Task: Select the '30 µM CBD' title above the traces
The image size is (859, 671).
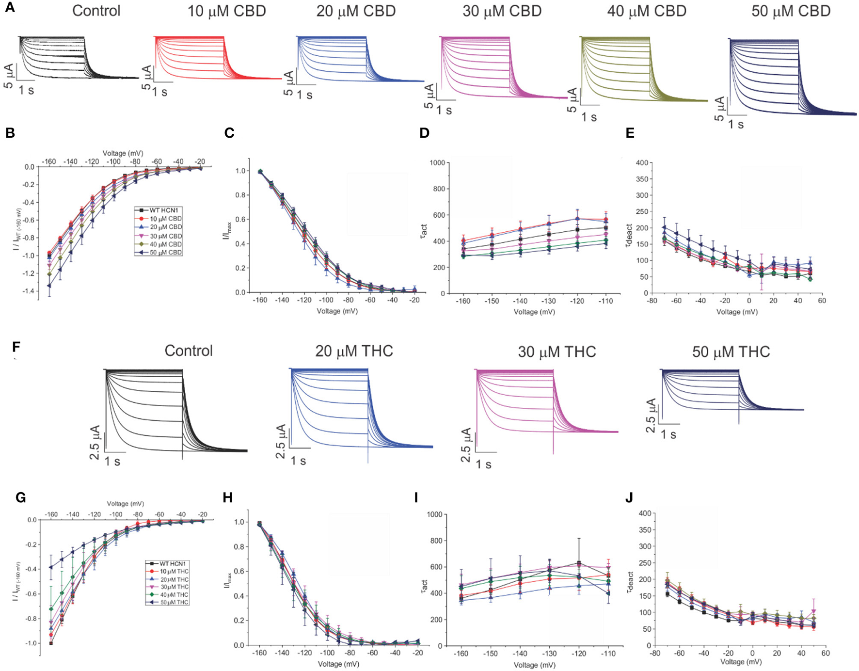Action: click(502, 11)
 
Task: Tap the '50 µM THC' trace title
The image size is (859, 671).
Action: click(731, 351)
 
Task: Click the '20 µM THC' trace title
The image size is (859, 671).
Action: click(354, 351)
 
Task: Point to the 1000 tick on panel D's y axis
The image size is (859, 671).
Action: click(437, 162)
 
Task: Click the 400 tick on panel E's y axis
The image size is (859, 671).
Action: click(642, 162)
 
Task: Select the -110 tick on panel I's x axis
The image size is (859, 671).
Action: click(608, 654)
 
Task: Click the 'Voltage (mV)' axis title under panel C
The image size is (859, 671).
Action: click(337, 311)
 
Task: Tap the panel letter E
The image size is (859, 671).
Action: click(630, 133)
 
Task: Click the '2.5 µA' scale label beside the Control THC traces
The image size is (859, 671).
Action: click(95, 442)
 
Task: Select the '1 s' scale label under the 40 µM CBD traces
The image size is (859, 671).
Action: click(589, 117)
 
